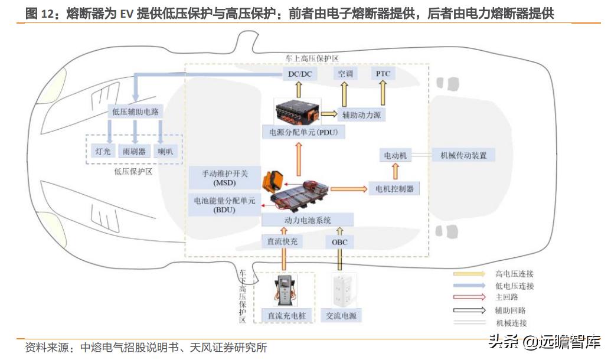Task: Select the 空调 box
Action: (x=345, y=74)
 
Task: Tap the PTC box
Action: (x=383, y=74)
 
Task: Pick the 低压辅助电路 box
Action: (x=135, y=111)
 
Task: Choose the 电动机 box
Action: (x=396, y=156)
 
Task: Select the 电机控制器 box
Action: (x=394, y=189)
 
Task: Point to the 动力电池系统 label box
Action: (x=308, y=220)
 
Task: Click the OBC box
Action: (x=339, y=242)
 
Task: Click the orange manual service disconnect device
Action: (x=273, y=180)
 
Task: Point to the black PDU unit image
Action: (x=299, y=111)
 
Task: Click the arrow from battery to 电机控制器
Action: (x=348, y=189)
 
